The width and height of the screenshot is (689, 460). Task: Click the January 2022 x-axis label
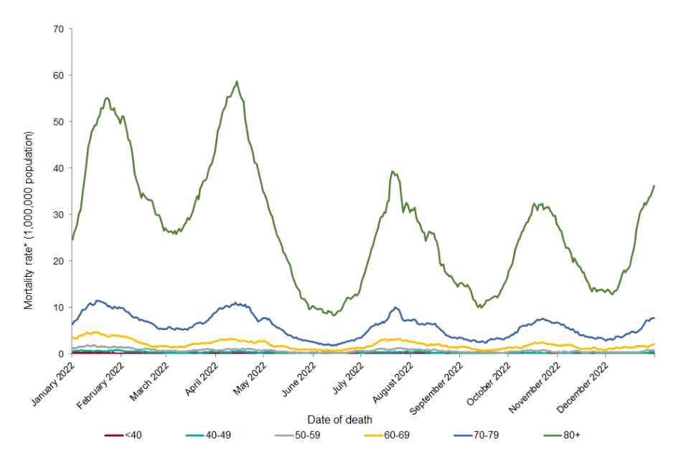[x=55, y=381]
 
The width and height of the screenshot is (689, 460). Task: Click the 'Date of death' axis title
[x=339, y=419]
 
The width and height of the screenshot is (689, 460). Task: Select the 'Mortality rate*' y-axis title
[x=29, y=220]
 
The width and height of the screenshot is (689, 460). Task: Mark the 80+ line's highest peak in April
[x=236, y=81]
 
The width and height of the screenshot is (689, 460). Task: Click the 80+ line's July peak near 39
[x=392, y=171]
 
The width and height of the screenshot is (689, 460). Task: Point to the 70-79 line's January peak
[x=97, y=300]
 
